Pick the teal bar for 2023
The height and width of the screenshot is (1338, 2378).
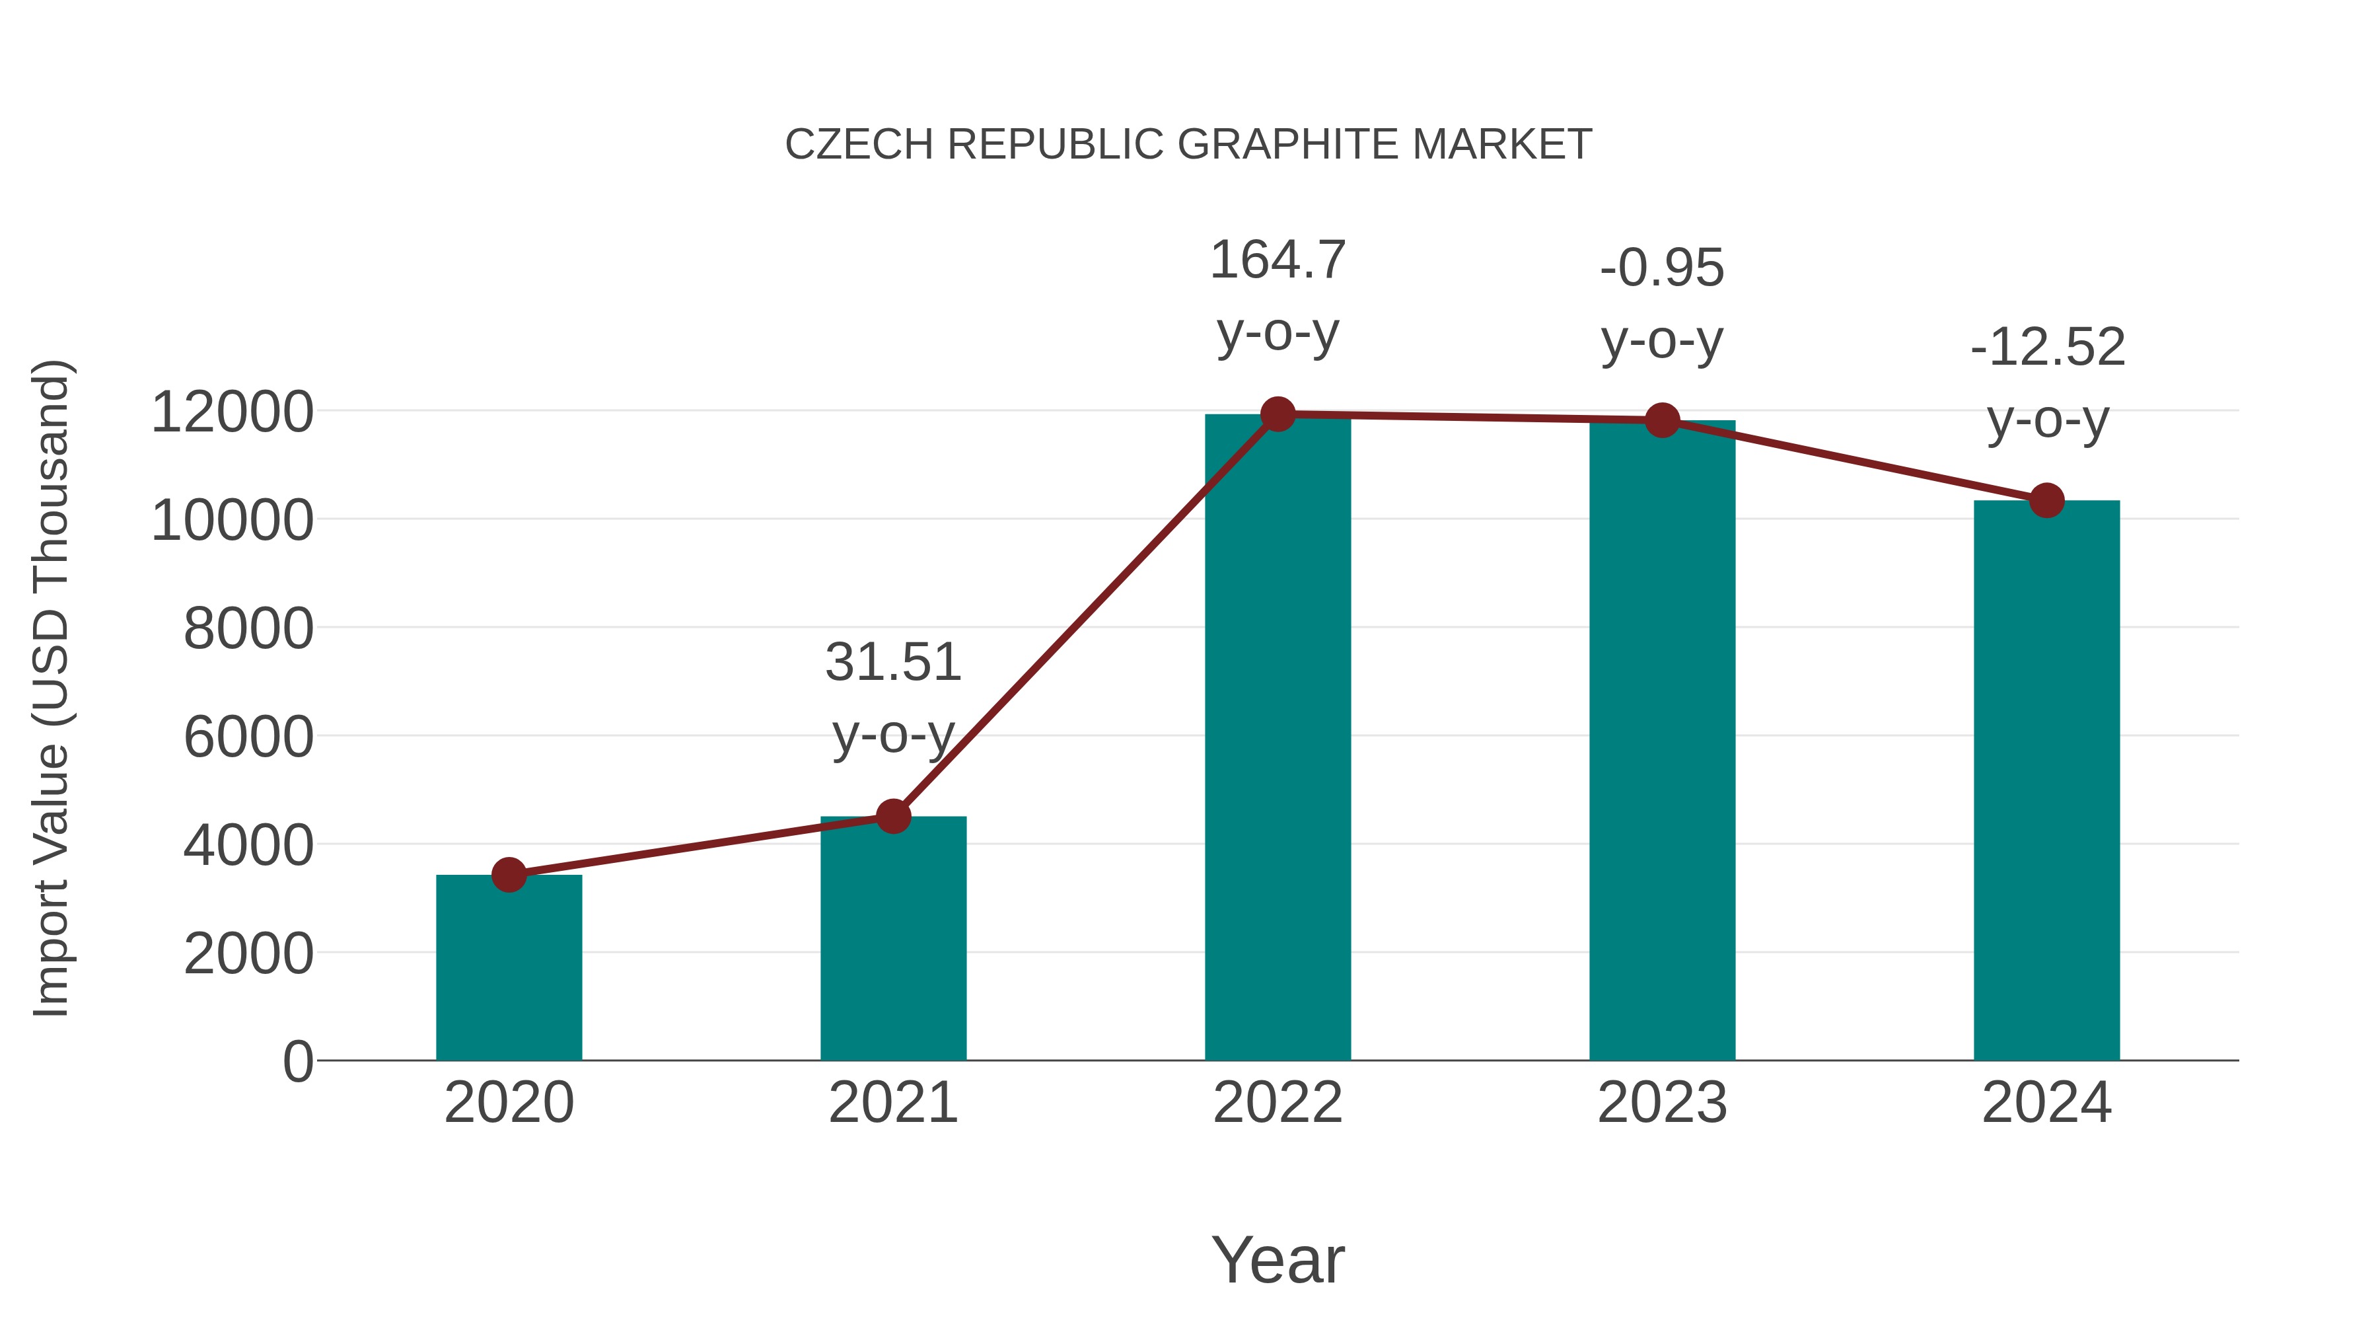coord(1662,739)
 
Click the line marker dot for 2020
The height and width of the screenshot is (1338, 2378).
coord(509,874)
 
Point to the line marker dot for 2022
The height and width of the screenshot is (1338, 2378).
coord(1278,414)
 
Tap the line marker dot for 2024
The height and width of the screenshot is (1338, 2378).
coord(2046,500)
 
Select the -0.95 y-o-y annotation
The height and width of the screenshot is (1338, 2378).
coord(1662,304)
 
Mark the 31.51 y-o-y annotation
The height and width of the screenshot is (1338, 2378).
coord(892,698)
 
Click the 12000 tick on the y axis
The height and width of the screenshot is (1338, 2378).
coord(232,412)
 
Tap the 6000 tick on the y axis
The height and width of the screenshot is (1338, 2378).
coord(248,737)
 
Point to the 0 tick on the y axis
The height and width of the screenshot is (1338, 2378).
coord(297,1061)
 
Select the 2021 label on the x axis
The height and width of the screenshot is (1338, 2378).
coord(892,1103)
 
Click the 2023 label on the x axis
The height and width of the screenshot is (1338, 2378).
coord(1662,1103)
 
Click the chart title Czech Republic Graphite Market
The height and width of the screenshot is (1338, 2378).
coord(1188,145)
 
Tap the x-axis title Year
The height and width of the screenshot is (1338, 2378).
coord(1278,1259)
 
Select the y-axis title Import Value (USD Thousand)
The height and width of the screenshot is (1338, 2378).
coord(52,688)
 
